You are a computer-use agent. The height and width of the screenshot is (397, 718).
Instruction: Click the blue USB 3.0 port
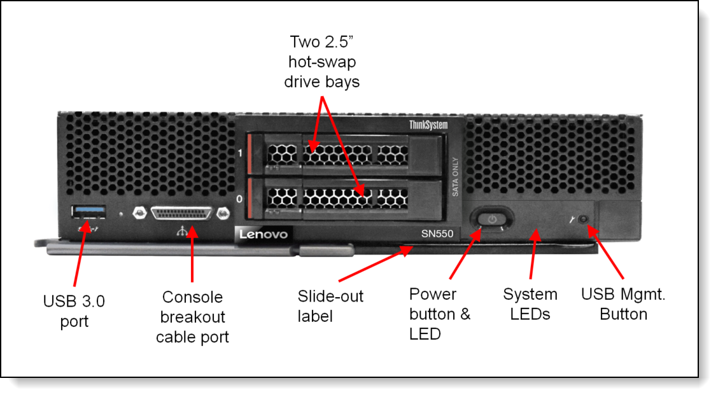pos(83,211)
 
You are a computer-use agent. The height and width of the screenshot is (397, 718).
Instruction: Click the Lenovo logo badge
pos(264,234)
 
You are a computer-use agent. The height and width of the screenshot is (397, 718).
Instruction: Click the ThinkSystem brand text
pos(427,125)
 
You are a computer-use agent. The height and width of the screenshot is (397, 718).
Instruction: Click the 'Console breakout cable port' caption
pos(192,316)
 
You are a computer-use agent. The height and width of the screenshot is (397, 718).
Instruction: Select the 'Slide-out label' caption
pos(330,305)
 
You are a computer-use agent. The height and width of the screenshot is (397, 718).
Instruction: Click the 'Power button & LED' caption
pos(440,314)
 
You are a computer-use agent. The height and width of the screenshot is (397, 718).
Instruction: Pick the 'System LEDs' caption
pos(530,304)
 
